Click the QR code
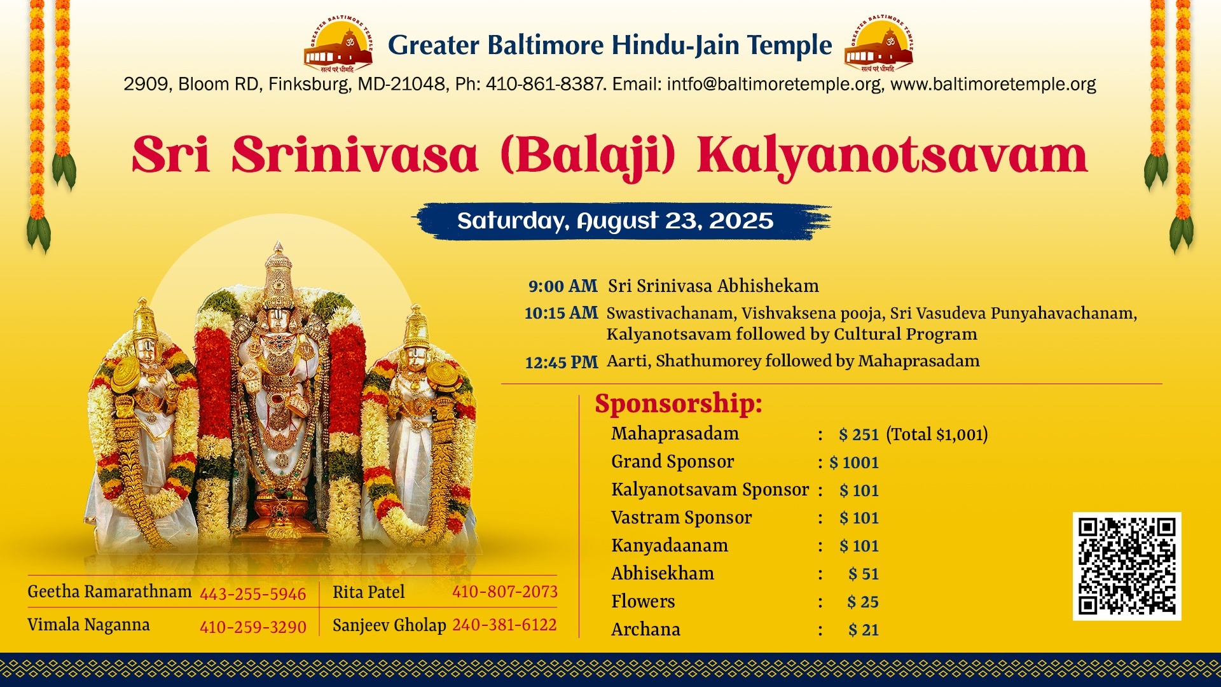(x=1127, y=566)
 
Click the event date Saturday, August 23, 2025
(x=615, y=221)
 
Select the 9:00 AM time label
(x=563, y=286)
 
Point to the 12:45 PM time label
(x=562, y=363)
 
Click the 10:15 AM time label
(x=561, y=313)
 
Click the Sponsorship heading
(x=679, y=404)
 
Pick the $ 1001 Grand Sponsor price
(x=854, y=462)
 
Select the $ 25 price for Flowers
(x=863, y=602)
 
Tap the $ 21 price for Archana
(x=864, y=630)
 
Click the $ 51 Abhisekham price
(x=864, y=574)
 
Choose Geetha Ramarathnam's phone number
(x=253, y=594)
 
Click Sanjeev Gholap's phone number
(x=504, y=625)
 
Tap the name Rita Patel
(x=369, y=592)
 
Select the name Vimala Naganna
(x=88, y=625)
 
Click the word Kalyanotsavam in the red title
(x=892, y=156)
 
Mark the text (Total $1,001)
(x=937, y=434)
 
